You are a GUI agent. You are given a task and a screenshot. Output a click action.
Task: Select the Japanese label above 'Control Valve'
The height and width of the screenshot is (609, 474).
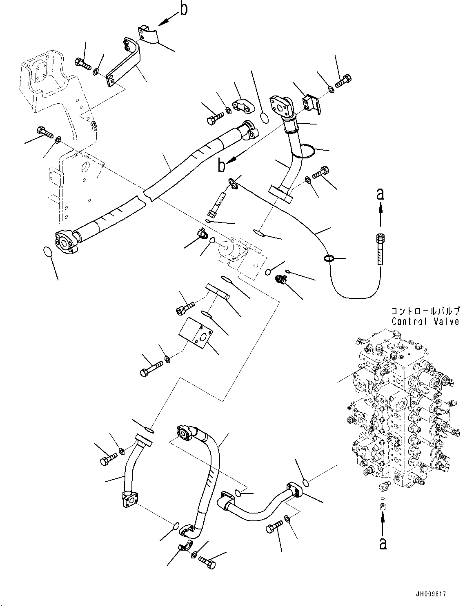pos(425,311)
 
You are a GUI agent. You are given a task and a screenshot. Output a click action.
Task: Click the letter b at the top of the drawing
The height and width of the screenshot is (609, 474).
pos(184,9)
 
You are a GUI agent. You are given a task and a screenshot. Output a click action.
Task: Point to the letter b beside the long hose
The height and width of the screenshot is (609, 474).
pos(221,166)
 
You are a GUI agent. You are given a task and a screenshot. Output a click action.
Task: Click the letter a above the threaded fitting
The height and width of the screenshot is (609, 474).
pos(380,195)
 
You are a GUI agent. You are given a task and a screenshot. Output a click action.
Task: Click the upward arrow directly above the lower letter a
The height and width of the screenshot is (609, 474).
pos(382,522)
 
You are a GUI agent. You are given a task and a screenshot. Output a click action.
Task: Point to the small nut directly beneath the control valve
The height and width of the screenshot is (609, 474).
pos(383,507)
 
